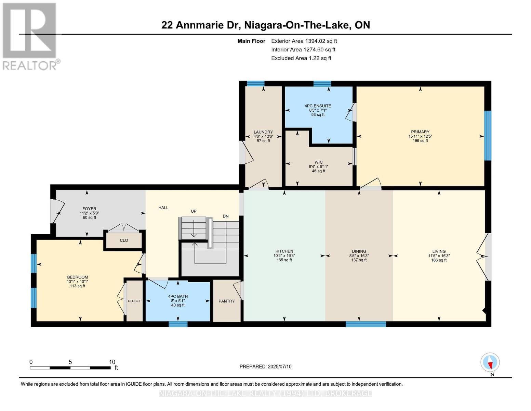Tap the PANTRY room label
click(227, 301)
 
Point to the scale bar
click(70, 368)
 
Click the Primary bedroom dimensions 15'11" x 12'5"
click(420, 136)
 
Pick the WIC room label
click(318, 162)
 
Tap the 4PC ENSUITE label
click(318, 106)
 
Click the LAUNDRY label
click(263, 132)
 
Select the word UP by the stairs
click(194, 211)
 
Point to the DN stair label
click(226, 216)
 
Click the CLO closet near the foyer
click(124, 240)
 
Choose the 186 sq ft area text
click(439, 260)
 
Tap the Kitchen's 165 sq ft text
click(284, 260)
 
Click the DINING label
click(359, 251)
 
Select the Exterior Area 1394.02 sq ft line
click(304, 41)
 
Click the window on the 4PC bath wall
click(178, 324)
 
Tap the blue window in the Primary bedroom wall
click(488, 136)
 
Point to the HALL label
click(163, 208)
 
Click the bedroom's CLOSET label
click(134, 301)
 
